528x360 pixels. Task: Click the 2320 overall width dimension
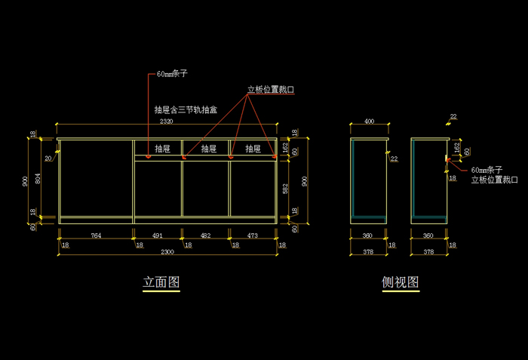pyautogui.click(x=166, y=121)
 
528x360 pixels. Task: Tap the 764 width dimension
pyautogui.click(x=96, y=236)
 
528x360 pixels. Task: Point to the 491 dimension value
pyautogui.click(x=158, y=236)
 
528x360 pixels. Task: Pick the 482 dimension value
pyautogui.click(x=205, y=236)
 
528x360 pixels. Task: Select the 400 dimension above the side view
pyautogui.click(x=370, y=121)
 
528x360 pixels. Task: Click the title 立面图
pyautogui.click(x=161, y=282)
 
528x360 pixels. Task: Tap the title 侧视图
pyautogui.click(x=401, y=282)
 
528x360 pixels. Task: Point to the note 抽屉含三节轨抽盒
pyautogui.click(x=185, y=109)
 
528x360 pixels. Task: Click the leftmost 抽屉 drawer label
pyautogui.click(x=163, y=149)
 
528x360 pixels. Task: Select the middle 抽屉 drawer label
pyautogui.click(x=209, y=149)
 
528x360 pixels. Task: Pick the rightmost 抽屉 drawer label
pyautogui.click(x=253, y=149)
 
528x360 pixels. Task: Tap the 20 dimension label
pyautogui.click(x=48, y=158)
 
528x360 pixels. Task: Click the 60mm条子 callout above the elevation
pyautogui.click(x=172, y=74)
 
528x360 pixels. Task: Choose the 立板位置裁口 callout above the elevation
pyautogui.click(x=271, y=90)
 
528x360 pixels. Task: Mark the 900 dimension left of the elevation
pyautogui.click(x=26, y=180)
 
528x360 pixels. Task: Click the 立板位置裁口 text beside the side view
pyautogui.click(x=495, y=180)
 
